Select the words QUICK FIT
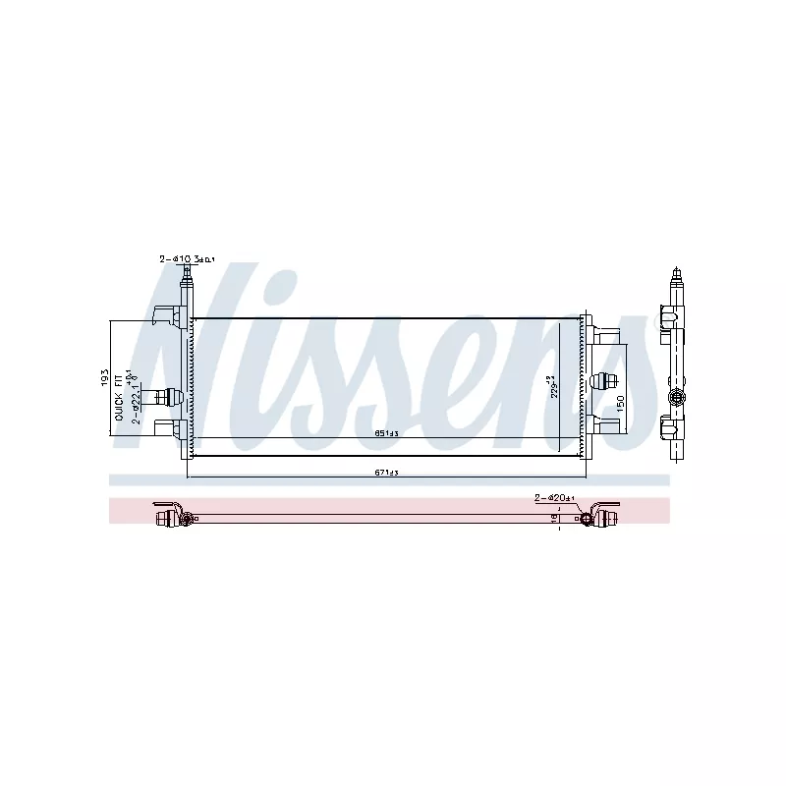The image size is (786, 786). [x=119, y=396]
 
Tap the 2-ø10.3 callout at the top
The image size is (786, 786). [x=187, y=259]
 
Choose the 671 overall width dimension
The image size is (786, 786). [x=386, y=473]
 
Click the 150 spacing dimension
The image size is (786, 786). [x=619, y=402]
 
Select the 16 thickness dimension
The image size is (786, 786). [x=553, y=518]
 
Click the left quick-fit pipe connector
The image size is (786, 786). [x=162, y=396]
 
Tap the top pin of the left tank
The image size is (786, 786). [x=186, y=281]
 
